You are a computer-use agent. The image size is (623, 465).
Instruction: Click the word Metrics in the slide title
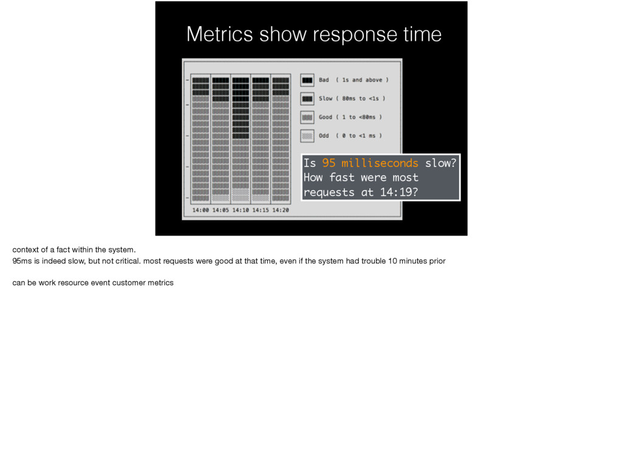[220, 34]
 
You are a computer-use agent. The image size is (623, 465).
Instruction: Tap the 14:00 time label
[201, 210]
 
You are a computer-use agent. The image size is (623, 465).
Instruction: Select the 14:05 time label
[220, 210]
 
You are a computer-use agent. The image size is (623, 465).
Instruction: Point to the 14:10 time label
[240, 210]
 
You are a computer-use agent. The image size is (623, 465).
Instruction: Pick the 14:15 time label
[260, 210]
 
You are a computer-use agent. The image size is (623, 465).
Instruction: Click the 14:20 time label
[280, 210]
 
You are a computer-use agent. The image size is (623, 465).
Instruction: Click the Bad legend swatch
[307, 80]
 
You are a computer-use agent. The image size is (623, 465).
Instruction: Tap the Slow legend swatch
[307, 99]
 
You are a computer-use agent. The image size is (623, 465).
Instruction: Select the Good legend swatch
[307, 117]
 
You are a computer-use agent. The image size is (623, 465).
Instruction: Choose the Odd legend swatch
[307, 136]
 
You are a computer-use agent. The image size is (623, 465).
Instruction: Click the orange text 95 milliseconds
[370, 163]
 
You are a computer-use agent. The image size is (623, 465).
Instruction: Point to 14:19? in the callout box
[399, 192]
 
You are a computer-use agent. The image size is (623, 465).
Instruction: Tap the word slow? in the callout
[440, 163]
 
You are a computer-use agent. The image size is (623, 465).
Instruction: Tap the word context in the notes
[26, 250]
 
